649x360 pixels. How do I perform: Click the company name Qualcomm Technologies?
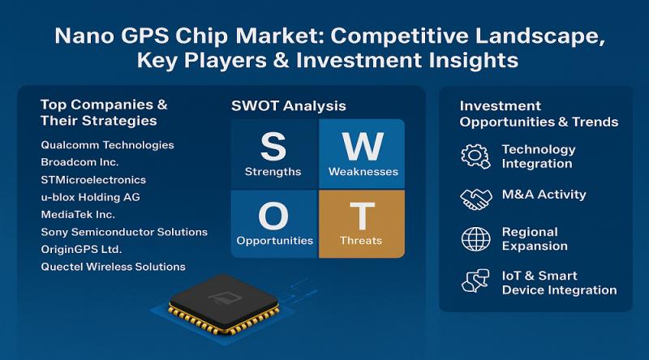[x=107, y=145]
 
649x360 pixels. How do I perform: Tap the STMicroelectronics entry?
[x=93, y=179]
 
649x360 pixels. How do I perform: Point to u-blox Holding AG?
[x=91, y=197]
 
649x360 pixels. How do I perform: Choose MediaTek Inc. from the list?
[x=78, y=214]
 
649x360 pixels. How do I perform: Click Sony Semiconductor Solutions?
[x=123, y=232]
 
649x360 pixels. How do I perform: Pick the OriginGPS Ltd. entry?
[x=81, y=249]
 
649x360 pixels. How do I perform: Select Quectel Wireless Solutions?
[x=113, y=267]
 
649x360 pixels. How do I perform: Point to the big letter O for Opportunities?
[x=273, y=216]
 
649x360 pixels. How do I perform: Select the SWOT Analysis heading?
[x=289, y=105]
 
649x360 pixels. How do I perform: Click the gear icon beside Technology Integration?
[x=475, y=156]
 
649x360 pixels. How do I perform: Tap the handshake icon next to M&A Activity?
[x=475, y=196]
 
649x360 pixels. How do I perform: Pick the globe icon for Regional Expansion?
[x=475, y=238]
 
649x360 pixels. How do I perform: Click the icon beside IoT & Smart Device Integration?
[x=475, y=281]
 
